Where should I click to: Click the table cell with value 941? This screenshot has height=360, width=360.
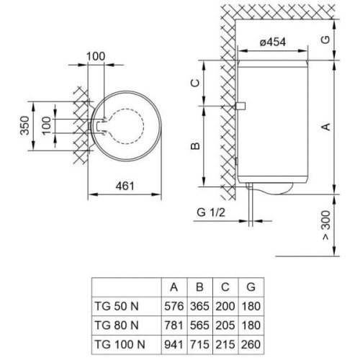pyautogui.click(x=174, y=339)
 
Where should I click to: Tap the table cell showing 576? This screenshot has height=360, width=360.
pyautogui.click(x=174, y=306)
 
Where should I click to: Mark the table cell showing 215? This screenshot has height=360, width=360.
pyautogui.click(x=225, y=339)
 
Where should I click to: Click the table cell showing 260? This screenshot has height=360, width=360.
pyautogui.click(x=250, y=339)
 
